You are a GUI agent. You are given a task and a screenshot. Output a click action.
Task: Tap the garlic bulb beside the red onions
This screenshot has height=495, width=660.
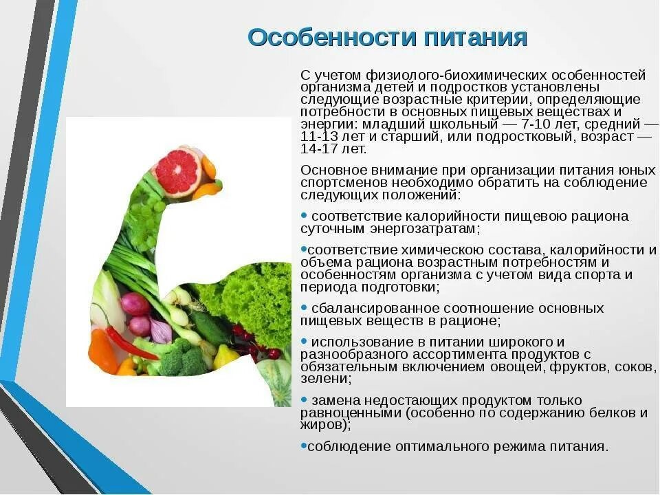click(x=161, y=331)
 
